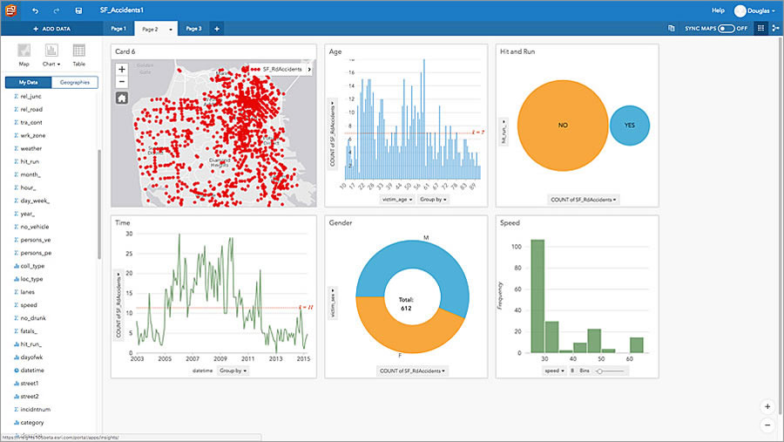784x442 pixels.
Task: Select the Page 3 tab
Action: (x=193, y=29)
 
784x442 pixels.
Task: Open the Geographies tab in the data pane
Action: (x=74, y=82)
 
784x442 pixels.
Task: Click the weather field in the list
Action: (x=30, y=148)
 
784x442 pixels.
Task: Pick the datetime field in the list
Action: (x=32, y=370)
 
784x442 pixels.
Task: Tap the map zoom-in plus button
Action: (x=122, y=69)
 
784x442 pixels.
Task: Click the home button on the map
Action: (x=122, y=98)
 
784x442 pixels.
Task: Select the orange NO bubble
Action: (x=562, y=126)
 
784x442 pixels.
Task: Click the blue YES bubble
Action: (x=629, y=126)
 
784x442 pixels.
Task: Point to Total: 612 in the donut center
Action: (x=407, y=303)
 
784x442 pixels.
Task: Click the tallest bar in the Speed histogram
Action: (x=537, y=296)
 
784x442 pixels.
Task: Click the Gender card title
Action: (x=341, y=223)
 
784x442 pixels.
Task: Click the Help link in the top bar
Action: (x=718, y=10)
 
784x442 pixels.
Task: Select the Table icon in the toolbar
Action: (x=78, y=55)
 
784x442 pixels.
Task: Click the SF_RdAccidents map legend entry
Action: (x=279, y=69)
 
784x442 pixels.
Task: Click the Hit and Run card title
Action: (x=517, y=52)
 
